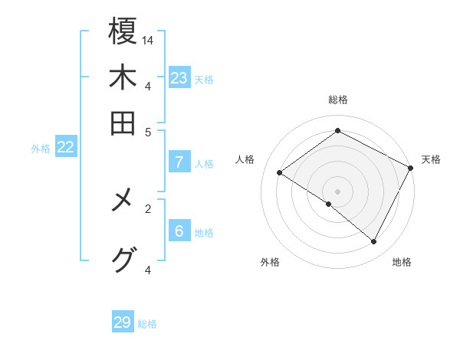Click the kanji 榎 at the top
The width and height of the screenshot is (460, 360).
(123, 31)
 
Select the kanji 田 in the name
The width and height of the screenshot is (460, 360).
(123, 123)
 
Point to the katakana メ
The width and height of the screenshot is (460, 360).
(123, 201)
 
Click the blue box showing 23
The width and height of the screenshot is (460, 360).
(179, 78)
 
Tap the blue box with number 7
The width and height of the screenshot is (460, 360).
(179, 162)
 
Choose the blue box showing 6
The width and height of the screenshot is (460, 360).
(179, 231)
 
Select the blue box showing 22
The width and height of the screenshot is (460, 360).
(65, 148)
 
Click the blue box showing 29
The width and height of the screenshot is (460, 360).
(123, 322)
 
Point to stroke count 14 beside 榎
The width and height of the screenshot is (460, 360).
(148, 39)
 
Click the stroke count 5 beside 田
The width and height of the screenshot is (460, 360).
(148, 131)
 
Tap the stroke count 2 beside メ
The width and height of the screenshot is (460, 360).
(148, 208)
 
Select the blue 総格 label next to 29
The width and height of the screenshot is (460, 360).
(147, 324)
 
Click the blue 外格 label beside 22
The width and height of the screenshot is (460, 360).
(41, 149)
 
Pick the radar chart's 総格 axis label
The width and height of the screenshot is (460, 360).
(337, 100)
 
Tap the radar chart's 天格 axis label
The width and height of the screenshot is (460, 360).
(431, 159)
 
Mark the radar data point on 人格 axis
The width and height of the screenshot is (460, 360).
(279, 172)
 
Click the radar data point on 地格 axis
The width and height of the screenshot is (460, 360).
(374, 241)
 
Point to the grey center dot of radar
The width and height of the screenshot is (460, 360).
(337, 191)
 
